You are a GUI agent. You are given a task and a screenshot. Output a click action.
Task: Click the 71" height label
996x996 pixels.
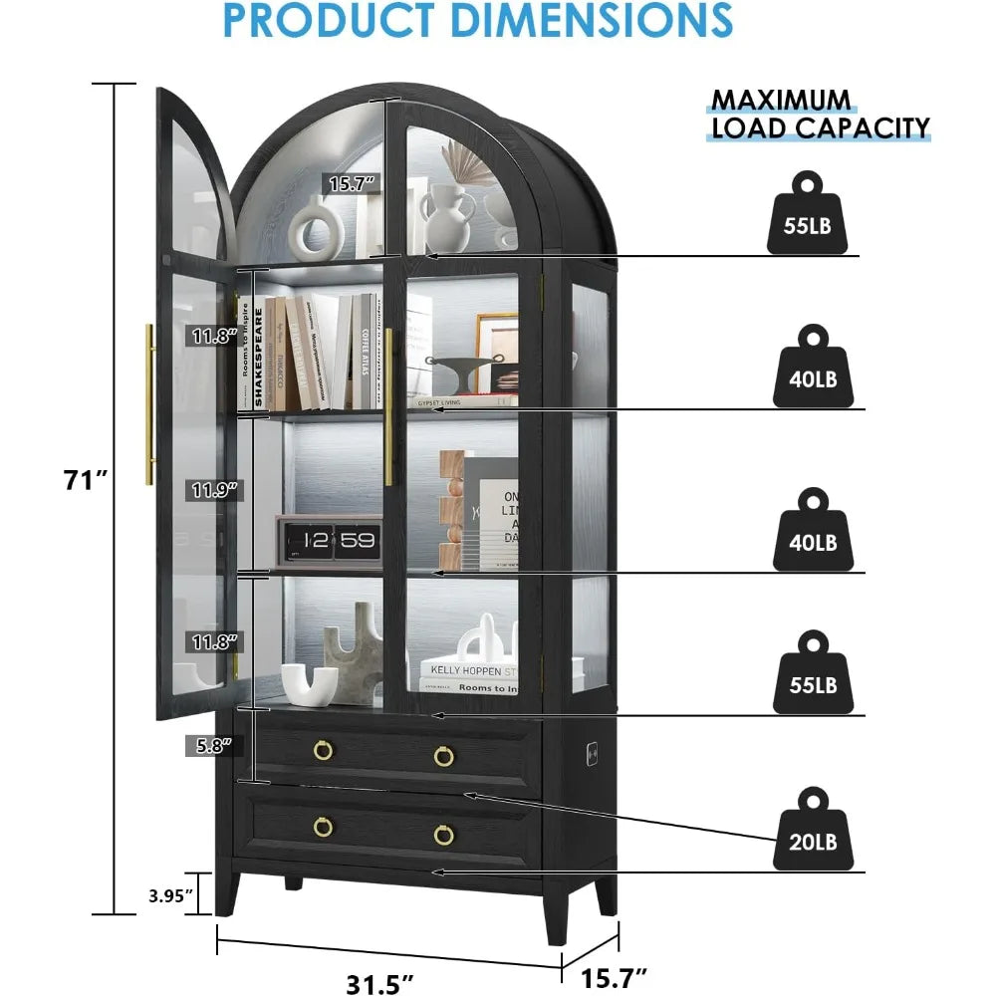(x=87, y=479)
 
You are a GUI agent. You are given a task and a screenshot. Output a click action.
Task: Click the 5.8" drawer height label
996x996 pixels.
(x=209, y=744)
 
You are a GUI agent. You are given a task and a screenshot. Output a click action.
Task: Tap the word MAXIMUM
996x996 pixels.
(x=780, y=100)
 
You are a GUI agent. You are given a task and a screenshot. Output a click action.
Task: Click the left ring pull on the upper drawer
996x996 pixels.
(x=324, y=754)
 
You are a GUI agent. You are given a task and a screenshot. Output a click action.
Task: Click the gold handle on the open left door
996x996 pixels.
(x=149, y=403)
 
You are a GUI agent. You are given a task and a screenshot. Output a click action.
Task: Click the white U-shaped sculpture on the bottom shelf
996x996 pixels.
(x=310, y=683)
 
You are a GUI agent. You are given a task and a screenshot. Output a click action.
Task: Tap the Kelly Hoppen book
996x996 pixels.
(x=468, y=671)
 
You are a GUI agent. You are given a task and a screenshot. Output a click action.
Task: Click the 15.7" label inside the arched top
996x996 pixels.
(x=354, y=182)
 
